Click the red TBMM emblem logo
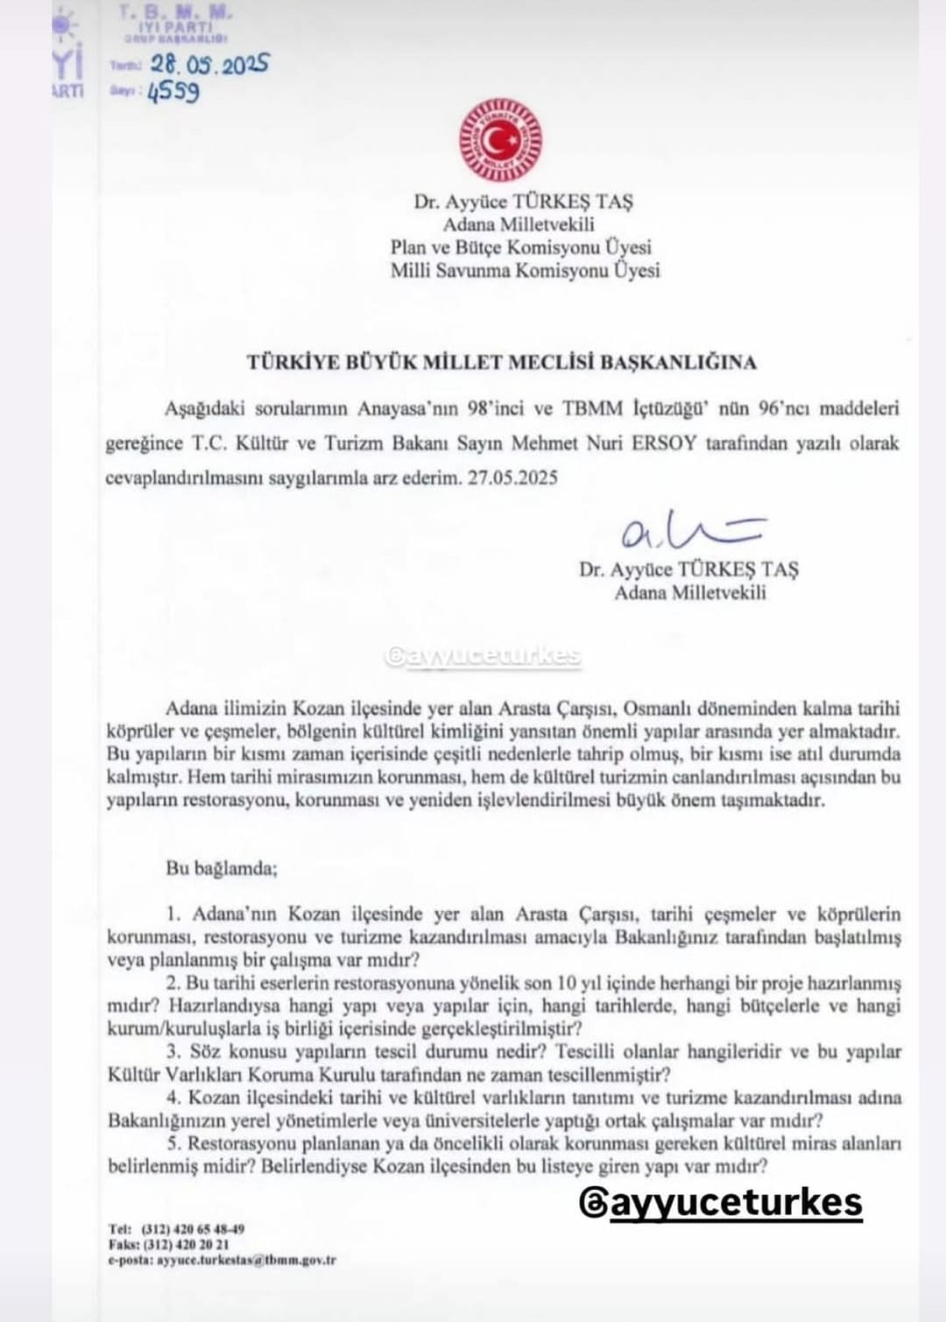click(x=500, y=140)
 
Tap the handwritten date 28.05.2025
click(x=209, y=65)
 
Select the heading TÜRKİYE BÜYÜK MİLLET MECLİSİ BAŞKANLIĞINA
click(x=501, y=362)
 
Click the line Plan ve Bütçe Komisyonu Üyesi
click(x=521, y=247)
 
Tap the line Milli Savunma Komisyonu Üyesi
click(x=525, y=271)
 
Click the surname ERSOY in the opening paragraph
click(x=664, y=442)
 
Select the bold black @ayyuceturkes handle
click(x=721, y=1203)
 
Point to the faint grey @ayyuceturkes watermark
click(x=483, y=657)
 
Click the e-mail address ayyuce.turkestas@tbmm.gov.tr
click(x=246, y=1261)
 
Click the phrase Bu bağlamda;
click(x=222, y=869)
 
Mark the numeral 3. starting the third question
click(x=173, y=1052)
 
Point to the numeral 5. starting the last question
click(x=173, y=1143)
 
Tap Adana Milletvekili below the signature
click(x=690, y=592)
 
